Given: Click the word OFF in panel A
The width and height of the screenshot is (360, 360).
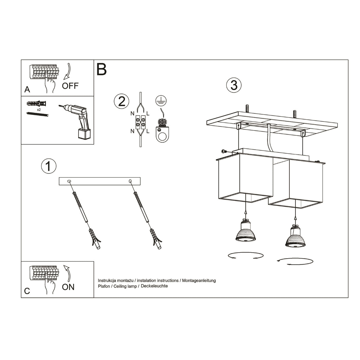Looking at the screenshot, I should tap(70, 86).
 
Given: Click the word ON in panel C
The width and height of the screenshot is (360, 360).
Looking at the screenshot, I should tap(68, 287).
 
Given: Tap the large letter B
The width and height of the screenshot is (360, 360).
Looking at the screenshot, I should tap(102, 69).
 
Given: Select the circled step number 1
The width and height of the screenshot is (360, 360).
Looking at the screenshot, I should tap(48, 166).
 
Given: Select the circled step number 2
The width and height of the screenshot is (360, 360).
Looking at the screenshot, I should tap(121, 101).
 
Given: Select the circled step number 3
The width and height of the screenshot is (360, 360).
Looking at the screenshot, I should tap(234, 85).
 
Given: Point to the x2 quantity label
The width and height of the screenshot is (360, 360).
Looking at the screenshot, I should tap(39, 110).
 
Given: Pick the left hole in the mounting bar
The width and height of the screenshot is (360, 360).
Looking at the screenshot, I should tap(70, 181).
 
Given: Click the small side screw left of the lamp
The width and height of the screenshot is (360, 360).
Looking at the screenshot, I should tap(223, 151).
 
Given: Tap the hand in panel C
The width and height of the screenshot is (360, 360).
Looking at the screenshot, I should tap(50, 286).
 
